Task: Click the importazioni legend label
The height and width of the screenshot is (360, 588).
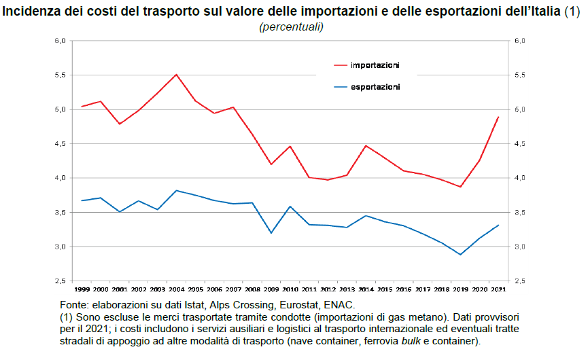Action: pyautogui.click(x=375, y=65)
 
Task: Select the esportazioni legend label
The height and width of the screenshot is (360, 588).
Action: pyautogui.click(x=375, y=87)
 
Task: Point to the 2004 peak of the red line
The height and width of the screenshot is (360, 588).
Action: pyautogui.click(x=176, y=74)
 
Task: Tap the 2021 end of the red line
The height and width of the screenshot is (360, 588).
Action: pyautogui.click(x=498, y=117)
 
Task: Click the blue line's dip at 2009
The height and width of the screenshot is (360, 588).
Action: pyautogui.click(x=271, y=233)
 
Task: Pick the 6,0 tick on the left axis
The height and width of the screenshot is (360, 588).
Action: pyautogui.click(x=60, y=41)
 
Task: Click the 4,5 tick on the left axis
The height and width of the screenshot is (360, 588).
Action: pyautogui.click(x=60, y=144)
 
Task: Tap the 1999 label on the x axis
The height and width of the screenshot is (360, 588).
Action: pyautogui.click(x=82, y=289)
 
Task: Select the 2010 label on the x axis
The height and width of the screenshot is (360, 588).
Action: pyautogui.click(x=290, y=289)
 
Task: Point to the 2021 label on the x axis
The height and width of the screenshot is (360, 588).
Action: pyautogui.click(x=498, y=289)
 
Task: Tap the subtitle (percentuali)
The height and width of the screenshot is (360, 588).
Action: pyautogui.click(x=290, y=26)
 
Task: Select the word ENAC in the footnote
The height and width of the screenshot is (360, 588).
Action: pyautogui.click(x=340, y=306)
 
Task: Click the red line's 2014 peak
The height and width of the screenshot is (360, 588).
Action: pyautogui.click(x=366, y=145)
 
